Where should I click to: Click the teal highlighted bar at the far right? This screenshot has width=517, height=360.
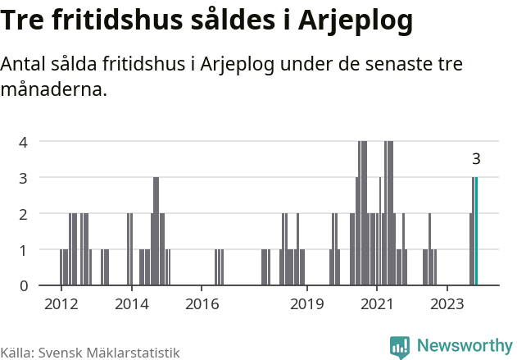(x=476, y=231)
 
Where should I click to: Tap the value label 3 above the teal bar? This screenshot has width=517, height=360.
(x=476, y=160)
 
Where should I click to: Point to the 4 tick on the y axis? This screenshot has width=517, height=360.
(x=25, y=141)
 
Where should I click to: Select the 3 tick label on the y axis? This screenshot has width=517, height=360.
(x=25, y=177)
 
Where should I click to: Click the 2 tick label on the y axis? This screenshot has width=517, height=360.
(x=25, y=213)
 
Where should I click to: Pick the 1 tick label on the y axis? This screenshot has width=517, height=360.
(x=25, y=249)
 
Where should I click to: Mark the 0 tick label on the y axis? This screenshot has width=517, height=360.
(x=25, y=285)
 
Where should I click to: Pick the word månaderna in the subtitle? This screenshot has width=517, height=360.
(x=54, y=90)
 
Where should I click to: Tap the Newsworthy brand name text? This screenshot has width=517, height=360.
(x=465, y=346)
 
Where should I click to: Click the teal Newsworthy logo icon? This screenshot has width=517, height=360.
(x=400, y=347)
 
